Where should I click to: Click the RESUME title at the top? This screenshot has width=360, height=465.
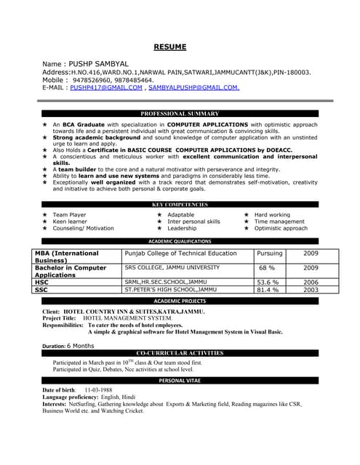170,47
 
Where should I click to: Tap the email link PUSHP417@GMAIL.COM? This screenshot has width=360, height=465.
106,87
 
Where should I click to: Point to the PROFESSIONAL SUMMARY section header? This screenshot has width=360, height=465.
180,114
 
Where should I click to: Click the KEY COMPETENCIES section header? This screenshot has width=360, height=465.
180,205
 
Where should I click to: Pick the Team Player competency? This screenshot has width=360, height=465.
69,215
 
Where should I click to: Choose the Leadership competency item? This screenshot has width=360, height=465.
182,228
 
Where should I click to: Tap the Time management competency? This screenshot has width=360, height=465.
279,222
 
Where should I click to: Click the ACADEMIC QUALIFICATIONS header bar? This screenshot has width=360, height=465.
180,241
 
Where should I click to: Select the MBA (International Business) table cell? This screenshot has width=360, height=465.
66,256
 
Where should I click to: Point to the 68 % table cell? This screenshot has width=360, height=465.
267,268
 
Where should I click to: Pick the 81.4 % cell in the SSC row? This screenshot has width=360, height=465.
268,289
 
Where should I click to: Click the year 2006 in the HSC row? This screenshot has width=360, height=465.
311,282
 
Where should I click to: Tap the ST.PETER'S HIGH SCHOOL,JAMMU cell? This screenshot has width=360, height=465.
171,289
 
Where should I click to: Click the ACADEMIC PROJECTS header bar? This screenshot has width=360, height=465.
180,301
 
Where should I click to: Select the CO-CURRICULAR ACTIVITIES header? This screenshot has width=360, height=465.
180,352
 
